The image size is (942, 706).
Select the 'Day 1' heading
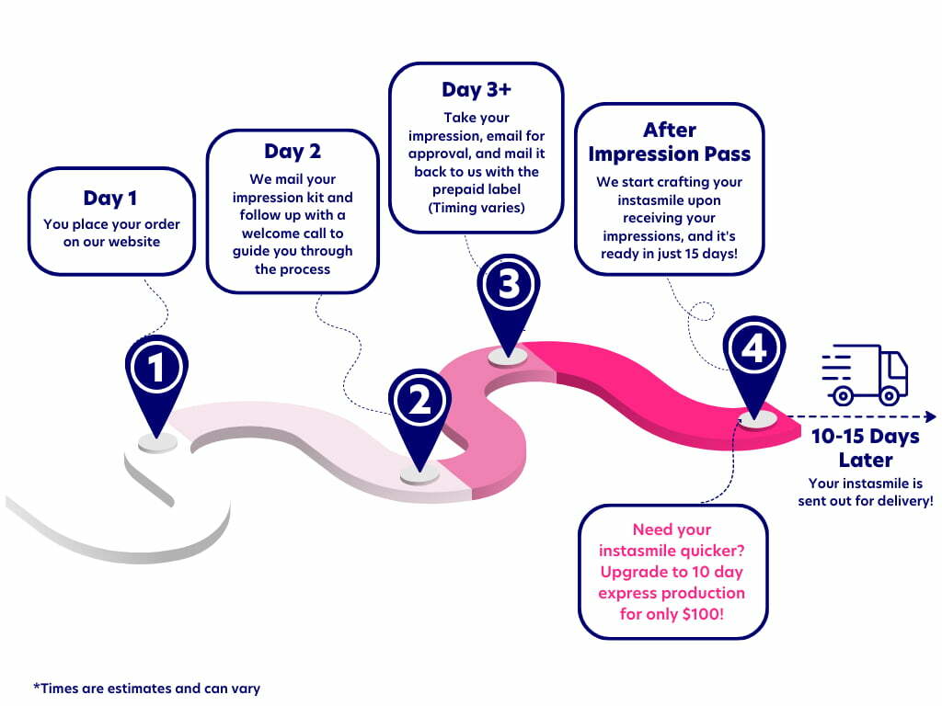111,199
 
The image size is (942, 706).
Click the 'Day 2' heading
292,151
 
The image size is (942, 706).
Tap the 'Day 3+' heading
476,90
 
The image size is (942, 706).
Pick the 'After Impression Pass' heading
670,142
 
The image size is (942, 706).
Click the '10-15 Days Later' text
865,448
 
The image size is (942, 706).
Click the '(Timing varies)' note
476,208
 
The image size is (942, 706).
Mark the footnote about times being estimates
147,688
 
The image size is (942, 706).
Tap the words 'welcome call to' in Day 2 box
292,233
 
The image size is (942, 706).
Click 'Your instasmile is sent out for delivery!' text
865,492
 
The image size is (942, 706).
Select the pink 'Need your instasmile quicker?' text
672,540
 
